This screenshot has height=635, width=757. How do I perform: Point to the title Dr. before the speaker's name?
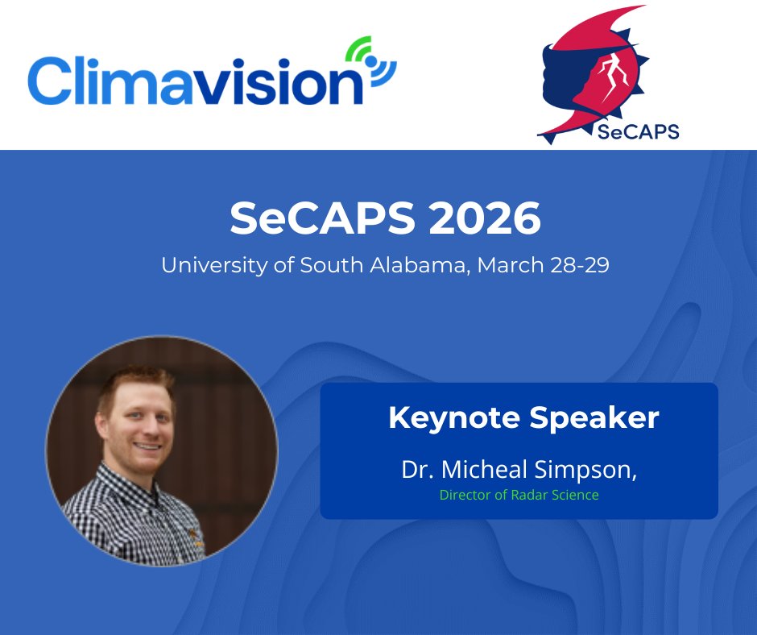point(416,470)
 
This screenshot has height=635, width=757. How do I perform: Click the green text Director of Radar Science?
point(519,495)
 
